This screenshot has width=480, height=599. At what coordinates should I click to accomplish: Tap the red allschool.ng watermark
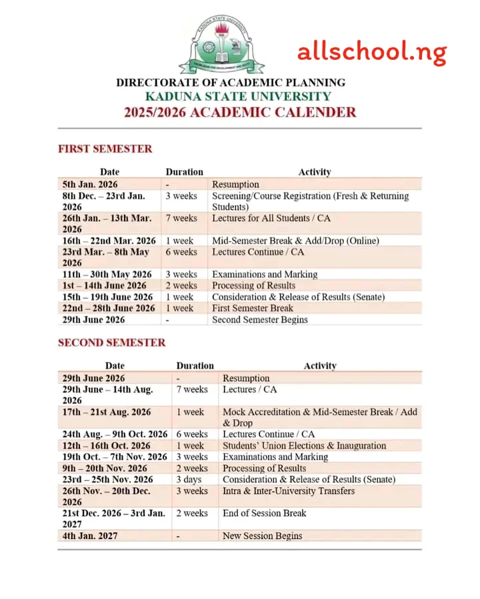(372, 51)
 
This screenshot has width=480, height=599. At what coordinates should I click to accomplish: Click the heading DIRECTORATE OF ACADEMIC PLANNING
(231, 83)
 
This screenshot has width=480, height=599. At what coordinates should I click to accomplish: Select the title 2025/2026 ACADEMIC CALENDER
(240, 112)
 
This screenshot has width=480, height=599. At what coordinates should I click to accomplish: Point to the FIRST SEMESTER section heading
(105, 149)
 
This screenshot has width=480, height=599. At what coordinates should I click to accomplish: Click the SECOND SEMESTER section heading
(112, 342)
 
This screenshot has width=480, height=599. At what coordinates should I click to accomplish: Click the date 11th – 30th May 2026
(107, 274)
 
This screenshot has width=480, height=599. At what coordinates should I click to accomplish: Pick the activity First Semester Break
(253, 308)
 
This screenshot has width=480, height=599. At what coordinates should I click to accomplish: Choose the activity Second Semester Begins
(260, 319)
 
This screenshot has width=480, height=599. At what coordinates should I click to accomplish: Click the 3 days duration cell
(189, 479)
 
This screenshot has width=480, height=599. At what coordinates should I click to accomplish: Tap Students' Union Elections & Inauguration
(304, 445)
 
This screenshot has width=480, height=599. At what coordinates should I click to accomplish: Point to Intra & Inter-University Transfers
(289, 490)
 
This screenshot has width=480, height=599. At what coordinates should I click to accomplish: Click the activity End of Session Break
(265, 513)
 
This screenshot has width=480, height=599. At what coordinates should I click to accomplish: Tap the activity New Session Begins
(262, 536)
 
